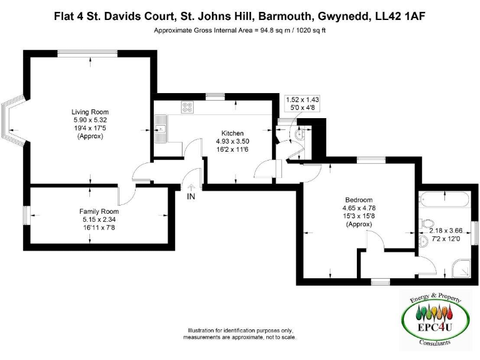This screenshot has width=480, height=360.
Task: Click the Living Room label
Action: pyautogui.click(x=91, y=112)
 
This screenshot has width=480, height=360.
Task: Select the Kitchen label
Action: pyautogui.click(x=232, y=132)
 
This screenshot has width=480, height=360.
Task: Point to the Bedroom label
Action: pyautogui.click(x=359, y=200)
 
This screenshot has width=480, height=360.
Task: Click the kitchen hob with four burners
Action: pyautogui.click(x=187, y=107)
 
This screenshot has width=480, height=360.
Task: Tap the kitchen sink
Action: pyautogui.click(x=162, y=125)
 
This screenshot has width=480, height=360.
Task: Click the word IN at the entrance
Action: pyautogui.click(x=191, y=196)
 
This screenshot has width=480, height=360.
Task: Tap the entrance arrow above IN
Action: pyautogui.click(x=191, y=186)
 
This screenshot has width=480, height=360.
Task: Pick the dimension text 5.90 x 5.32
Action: pyautogui.click(x=91, y=120)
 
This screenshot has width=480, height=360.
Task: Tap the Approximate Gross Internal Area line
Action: pyautogui.click(x=240, y=30)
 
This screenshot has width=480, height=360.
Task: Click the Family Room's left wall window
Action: pyautogui.click(x=26, y=216)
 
